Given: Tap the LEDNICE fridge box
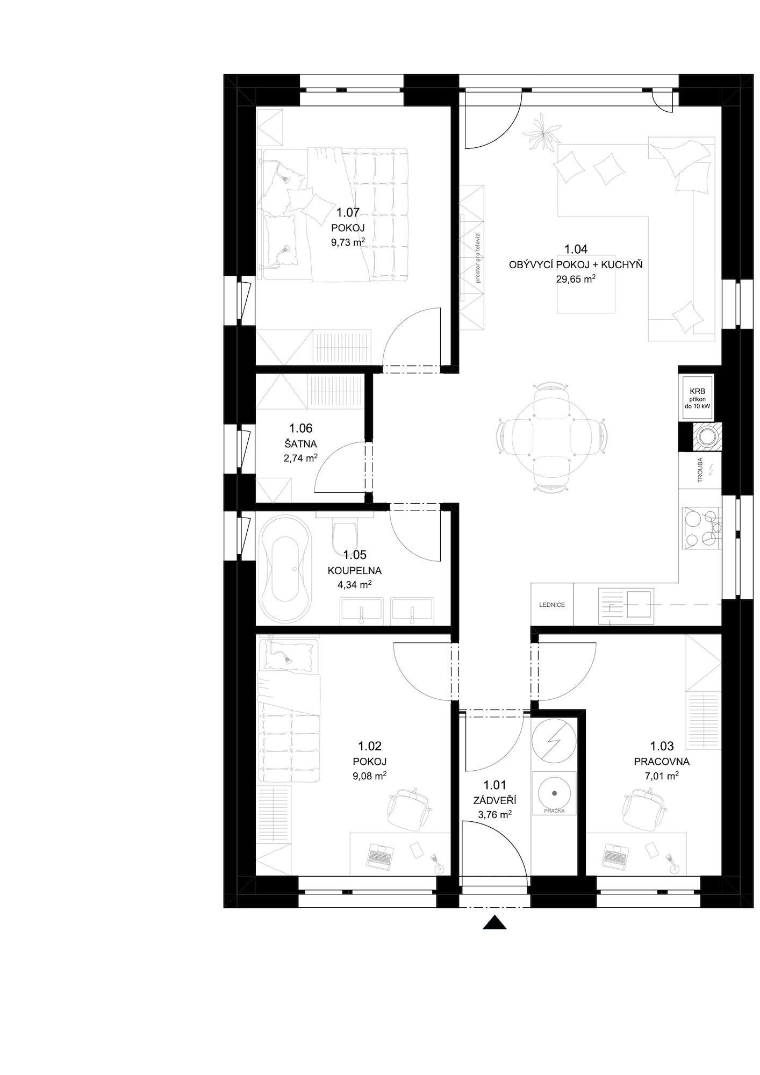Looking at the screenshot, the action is point(552,605).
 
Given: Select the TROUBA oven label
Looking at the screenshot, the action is point(700,471).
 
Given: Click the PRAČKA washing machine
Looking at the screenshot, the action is point(554,793).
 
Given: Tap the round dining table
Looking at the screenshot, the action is point(551,435).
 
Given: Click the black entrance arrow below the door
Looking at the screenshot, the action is point(494,922).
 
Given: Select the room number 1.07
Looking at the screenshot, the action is point(348,213).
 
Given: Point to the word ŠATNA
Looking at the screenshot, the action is point(300,444).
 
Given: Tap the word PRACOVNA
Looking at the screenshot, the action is point(662,762).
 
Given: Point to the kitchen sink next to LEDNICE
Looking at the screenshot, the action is point(627,606).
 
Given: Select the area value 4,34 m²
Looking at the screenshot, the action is point(354,584).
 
